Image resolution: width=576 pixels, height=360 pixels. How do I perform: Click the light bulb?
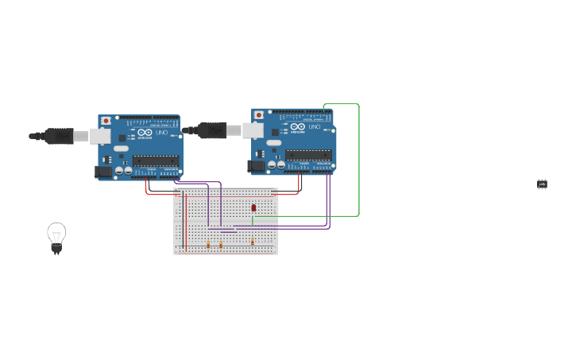56,237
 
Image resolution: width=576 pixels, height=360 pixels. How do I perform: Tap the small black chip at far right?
542,184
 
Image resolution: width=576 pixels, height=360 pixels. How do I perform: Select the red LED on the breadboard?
253,208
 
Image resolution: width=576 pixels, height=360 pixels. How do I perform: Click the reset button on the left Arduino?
106,121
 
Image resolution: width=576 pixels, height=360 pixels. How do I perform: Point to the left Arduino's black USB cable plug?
58,136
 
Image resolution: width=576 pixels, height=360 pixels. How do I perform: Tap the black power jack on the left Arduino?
103,171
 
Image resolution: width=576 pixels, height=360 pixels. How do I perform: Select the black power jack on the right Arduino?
256,165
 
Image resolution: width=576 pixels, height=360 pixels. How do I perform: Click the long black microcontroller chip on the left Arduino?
156,161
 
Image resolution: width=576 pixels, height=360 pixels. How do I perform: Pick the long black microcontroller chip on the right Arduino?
308,154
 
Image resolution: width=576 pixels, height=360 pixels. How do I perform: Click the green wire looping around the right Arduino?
358,159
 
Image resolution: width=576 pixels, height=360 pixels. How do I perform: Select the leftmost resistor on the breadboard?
208,245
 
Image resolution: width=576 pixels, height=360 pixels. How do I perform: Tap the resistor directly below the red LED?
253,241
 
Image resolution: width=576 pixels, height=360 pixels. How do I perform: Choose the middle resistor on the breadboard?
221,245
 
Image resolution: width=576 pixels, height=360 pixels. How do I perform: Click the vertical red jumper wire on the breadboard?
186,223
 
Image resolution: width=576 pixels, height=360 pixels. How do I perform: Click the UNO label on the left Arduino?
161,133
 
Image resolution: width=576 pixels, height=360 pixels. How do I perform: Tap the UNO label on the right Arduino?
315,127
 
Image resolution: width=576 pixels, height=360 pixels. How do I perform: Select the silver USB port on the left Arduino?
100,136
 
